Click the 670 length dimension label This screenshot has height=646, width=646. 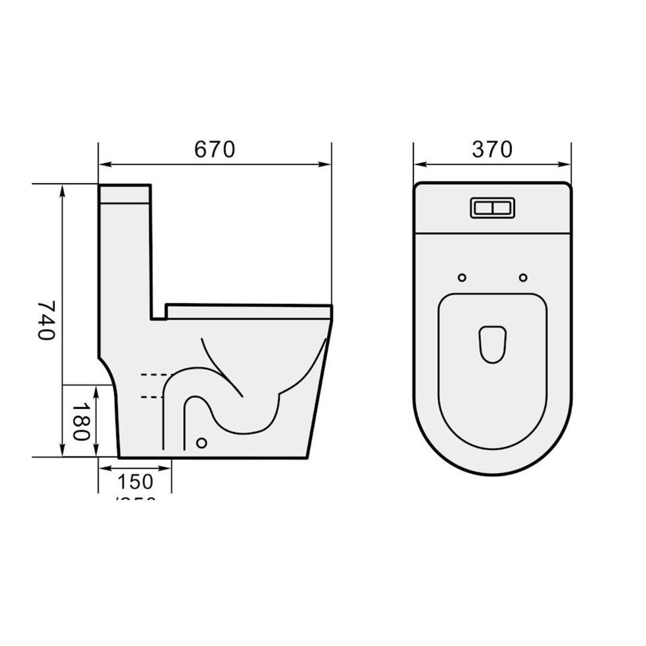[215, 150]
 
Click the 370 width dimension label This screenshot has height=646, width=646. [492, 150]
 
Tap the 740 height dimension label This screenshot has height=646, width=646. [47, 320]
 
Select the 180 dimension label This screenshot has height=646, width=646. [81, 421]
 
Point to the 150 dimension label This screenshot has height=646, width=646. [135, 482]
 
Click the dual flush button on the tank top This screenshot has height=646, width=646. [492, 208]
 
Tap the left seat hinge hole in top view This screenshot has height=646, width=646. [462, 277]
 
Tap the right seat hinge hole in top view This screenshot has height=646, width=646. [523, 277]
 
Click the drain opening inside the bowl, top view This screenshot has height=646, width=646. [492, 345]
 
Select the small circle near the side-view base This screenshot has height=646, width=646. [202, 443]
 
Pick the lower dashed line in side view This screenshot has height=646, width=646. [152, 397]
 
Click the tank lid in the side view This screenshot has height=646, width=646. [124, 194]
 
